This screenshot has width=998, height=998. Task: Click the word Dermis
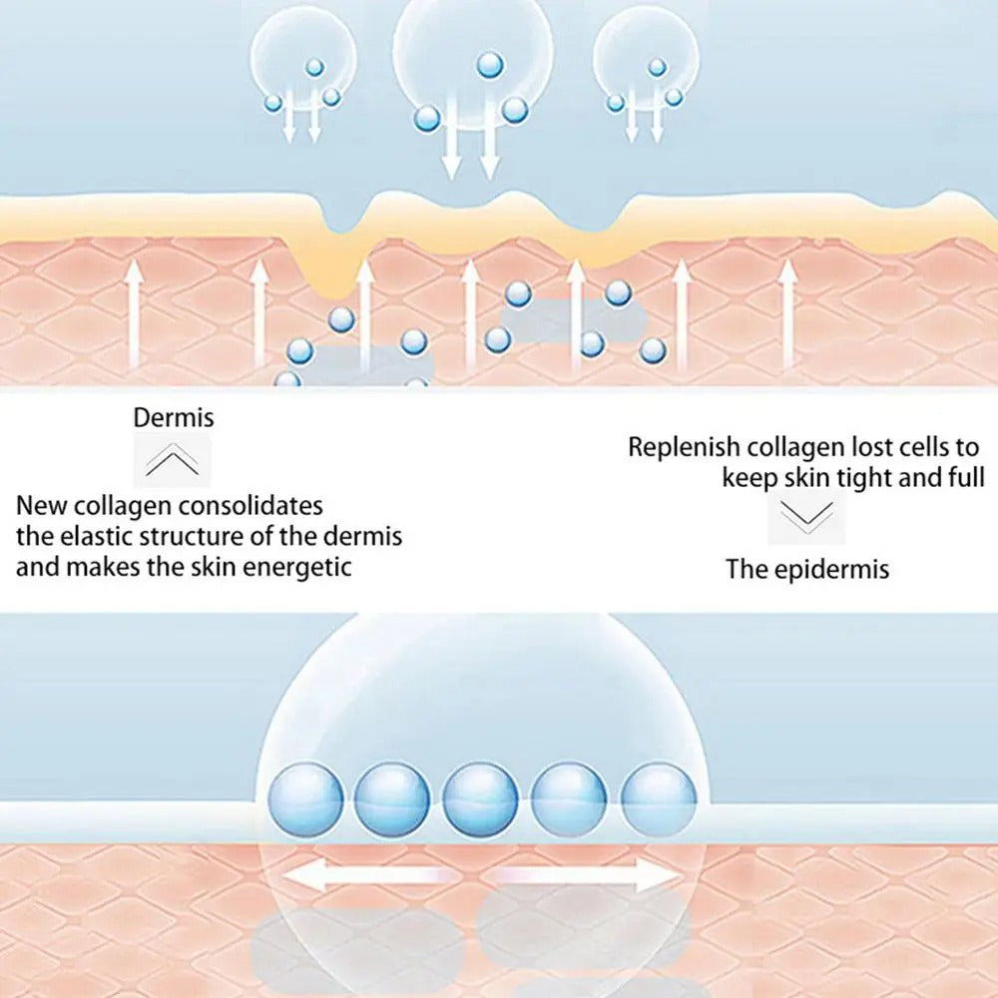pyautogui.click(x=174, y=417)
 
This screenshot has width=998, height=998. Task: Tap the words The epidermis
pyautogui.click(x=806, y=570)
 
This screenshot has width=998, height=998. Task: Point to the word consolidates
pyautogui.click(x=250, y=505)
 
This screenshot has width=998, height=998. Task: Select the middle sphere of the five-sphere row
pyautogui.click(x=481, y=799)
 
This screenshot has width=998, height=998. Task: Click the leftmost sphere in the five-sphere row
pyautogui.click(x=305, y=799)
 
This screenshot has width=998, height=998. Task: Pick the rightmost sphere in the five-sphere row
pyautogui.click(x=658, y=799)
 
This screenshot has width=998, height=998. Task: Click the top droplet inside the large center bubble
pyautogui.click(x=489, y=65)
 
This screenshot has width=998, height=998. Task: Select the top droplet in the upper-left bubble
pyautogui.click(x=314, y=67)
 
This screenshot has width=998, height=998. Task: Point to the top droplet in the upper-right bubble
pyautogui.click(x=657, y=67)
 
